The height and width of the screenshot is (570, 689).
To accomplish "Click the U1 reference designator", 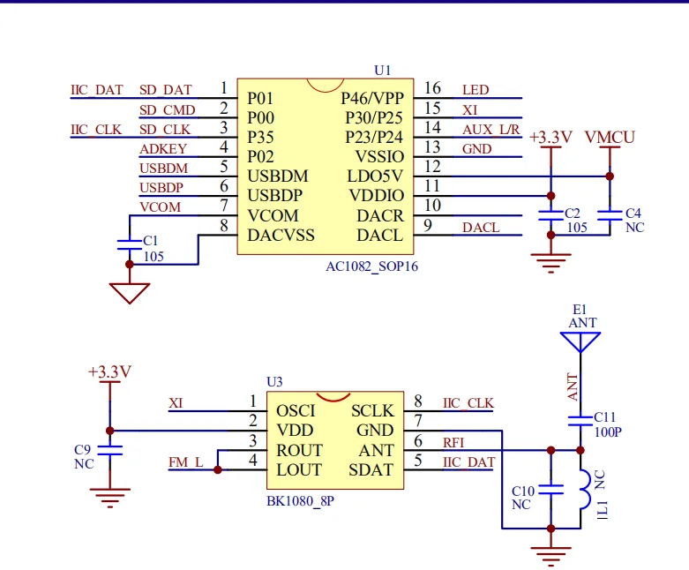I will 382,70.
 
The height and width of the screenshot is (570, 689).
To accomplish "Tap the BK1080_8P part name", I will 301,500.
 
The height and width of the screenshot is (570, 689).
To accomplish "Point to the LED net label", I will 475,90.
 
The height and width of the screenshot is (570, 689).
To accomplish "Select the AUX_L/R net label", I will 491,130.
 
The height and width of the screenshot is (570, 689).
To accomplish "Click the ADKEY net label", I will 163,149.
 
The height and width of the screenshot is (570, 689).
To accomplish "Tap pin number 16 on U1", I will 432,88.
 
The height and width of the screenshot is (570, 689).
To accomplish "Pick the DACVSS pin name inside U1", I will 281,236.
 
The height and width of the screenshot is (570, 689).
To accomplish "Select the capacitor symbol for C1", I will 130,242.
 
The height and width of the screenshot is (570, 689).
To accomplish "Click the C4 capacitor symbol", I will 610,214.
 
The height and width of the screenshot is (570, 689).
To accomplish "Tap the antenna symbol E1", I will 580,341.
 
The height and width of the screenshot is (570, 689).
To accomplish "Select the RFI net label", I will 453,443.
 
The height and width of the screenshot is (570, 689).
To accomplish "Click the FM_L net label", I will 186,462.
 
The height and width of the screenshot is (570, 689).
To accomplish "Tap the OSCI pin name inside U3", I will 296,411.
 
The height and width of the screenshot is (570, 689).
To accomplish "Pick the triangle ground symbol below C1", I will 130,292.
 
